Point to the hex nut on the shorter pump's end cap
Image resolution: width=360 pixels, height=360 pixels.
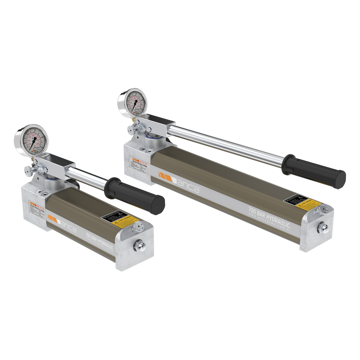pos(138,245)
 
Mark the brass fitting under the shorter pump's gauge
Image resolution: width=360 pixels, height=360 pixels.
pos(32,160)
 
